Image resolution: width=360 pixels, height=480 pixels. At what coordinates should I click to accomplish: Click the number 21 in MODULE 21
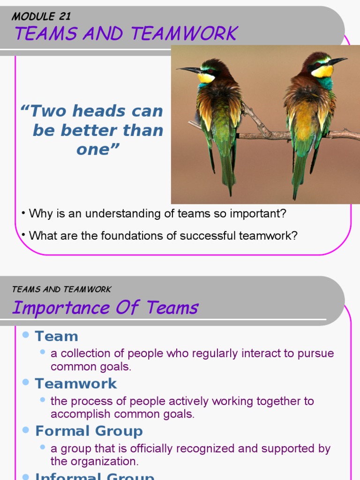[64, 16]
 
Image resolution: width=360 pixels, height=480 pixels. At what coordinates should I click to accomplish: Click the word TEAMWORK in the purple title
[184, 34]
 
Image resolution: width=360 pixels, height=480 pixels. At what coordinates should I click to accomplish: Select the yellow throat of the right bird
[322, 72]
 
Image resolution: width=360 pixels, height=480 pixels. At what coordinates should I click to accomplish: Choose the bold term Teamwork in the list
[76, 383]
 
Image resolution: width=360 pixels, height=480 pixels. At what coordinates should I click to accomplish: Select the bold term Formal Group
[89, 431]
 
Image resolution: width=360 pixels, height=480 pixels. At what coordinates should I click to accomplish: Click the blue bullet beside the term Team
[26, 335]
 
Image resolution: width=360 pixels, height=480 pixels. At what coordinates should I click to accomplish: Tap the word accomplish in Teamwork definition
[75, 414]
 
